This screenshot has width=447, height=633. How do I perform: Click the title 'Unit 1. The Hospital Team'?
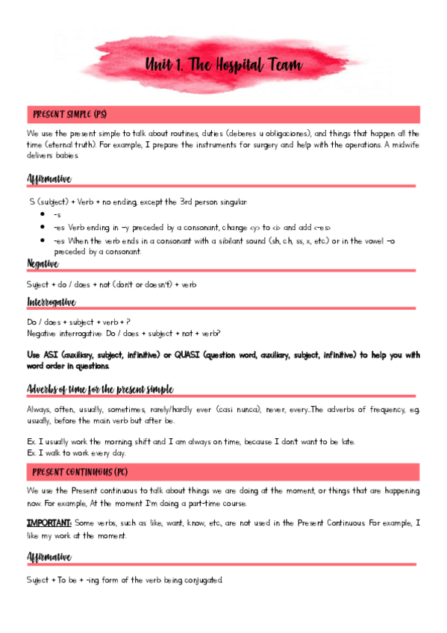[x=224, y=65]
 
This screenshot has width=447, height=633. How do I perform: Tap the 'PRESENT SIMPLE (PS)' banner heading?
[x=70, y=114]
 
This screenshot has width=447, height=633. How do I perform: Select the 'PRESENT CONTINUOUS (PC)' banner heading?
[x=81, y=473]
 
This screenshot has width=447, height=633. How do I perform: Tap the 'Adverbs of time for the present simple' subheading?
[x=100, y=389]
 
